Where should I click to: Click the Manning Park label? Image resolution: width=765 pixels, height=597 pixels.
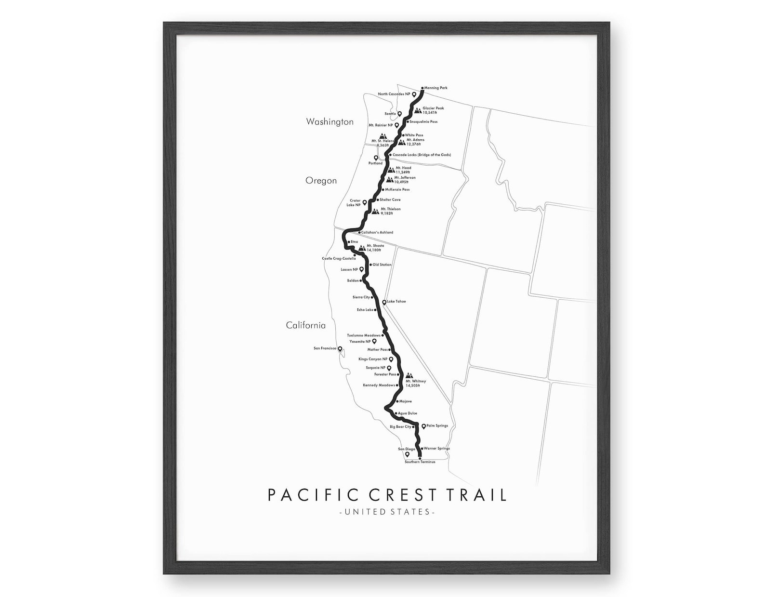point(436,88)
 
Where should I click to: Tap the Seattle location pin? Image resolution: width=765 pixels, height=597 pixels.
point(399,114)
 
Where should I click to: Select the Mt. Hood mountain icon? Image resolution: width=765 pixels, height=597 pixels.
point(391,170)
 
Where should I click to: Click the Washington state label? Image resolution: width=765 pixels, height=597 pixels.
point(330,122)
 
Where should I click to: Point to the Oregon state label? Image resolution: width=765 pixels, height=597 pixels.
point(321,181)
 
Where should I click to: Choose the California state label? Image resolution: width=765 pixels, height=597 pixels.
point(305,325)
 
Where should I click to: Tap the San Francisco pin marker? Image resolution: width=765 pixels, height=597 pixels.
point(340,349)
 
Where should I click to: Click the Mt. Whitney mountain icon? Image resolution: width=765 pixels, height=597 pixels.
point(409,375)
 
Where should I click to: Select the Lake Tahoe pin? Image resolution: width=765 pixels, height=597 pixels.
point(384,303)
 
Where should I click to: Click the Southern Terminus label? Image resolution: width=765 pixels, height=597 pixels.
point(420,462)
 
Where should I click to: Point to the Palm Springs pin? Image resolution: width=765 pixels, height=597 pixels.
point(423,426)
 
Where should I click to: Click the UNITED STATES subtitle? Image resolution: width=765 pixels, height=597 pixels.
point(387,512)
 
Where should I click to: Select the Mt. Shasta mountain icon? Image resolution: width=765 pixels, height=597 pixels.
point(362,248)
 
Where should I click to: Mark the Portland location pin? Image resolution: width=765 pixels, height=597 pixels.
point(376,158)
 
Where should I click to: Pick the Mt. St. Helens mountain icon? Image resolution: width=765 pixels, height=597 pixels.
point(383,136)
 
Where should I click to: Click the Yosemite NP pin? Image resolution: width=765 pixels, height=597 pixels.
point(374,342)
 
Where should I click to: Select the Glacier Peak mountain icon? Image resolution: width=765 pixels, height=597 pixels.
point(418,110)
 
